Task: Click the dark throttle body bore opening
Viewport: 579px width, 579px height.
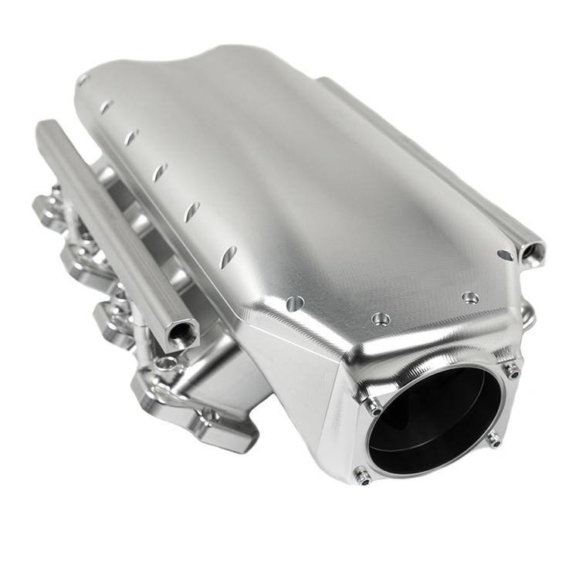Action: [x=434, y=421]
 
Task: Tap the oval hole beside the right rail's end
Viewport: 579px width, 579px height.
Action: [x=505, y=255]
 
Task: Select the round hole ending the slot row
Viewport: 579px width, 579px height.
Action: [x=294, y=304]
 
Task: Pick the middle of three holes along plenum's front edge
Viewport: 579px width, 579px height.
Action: [x=380, y=318]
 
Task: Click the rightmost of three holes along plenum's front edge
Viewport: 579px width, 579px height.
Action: [x=469, y=297]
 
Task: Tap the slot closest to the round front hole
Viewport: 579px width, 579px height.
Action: [x=229, y=257]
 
